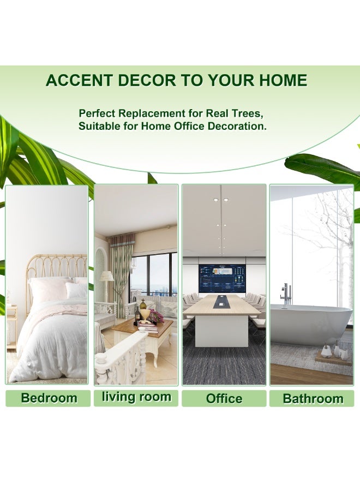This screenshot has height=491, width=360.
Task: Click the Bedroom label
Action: (x=49, y=398)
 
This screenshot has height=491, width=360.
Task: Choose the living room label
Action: (x=136, y=397)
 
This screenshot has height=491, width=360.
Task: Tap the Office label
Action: (x=224, y=399)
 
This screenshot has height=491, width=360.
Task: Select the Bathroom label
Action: (x=313, y=399)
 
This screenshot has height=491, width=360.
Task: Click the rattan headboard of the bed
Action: (x=56, y=266)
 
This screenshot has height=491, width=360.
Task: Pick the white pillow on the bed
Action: (x=76, y=290)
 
